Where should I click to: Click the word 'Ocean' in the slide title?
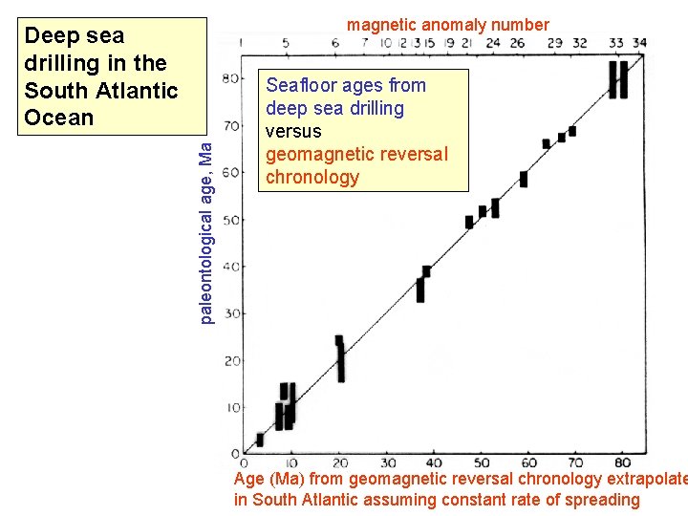pyautogui.click(x=59, y=118)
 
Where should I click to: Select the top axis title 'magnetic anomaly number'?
pyautogui.click(x=447, y=25)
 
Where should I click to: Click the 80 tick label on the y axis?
pyautogui.click(x=230, y=78)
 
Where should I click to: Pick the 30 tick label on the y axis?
pyautogui.click(x=230, y=313)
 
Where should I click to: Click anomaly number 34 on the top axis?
pyautogui.click(x=639, y=43)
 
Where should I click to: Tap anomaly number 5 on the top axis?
pyautogui.click(x=288, y=43)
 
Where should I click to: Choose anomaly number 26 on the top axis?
pyautogui.click(x=517, y=43)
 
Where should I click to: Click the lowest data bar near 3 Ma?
pyautogui.click(x=260, y=440)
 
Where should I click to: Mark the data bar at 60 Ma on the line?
pyautogui.click(x=524, y=179)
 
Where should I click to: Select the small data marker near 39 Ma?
pyautogui.click(x=426, y=271)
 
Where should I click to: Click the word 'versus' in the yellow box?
pyautogui.click(x=293, y=131)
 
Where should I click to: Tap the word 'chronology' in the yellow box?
pyautogui.click(x=312, y=177)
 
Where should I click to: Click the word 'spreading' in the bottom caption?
pyautogui.click(x=599, y=500)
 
